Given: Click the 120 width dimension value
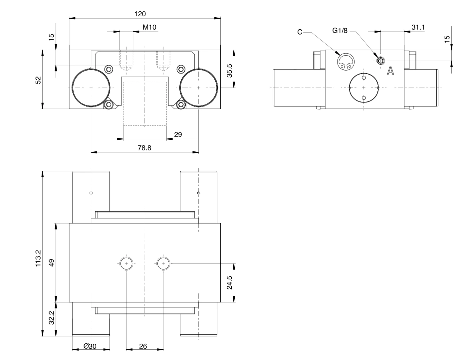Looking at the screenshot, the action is tap(140, 14).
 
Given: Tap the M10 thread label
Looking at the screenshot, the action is tap(149, 27).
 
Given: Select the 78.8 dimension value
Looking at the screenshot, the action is tap(144, 148).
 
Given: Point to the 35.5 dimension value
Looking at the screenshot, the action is tap(229, 71).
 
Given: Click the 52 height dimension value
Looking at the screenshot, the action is tap(38, 80).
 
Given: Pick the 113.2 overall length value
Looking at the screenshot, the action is tap(38, 258).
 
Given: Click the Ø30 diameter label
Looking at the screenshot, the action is tap(90, 346).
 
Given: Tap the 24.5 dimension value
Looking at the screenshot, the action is tap(229, 282).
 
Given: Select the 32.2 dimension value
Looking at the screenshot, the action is tap(52, 318).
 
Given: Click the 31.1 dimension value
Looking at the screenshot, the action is tap(418, 27).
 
